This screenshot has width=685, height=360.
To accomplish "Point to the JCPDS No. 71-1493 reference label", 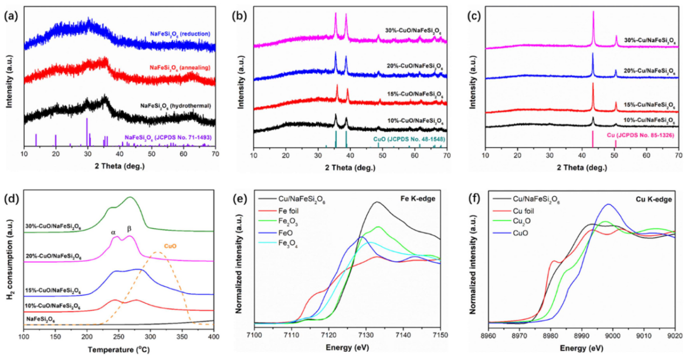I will (x=168, y=138).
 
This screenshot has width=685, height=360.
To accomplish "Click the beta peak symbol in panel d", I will (x=129, y=230).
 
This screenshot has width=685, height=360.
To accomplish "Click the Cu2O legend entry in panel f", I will (x=527, y=222).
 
